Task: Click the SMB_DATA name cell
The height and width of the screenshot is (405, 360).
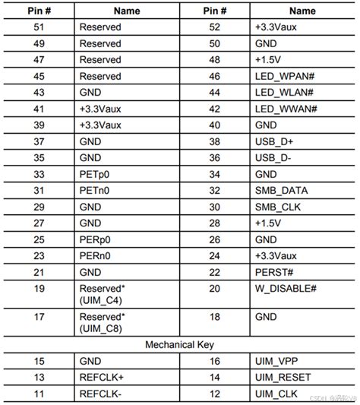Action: pos(276,190)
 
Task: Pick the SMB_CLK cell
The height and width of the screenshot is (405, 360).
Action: pos(273,207)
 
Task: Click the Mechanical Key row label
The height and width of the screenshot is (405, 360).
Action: pos(180,346)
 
